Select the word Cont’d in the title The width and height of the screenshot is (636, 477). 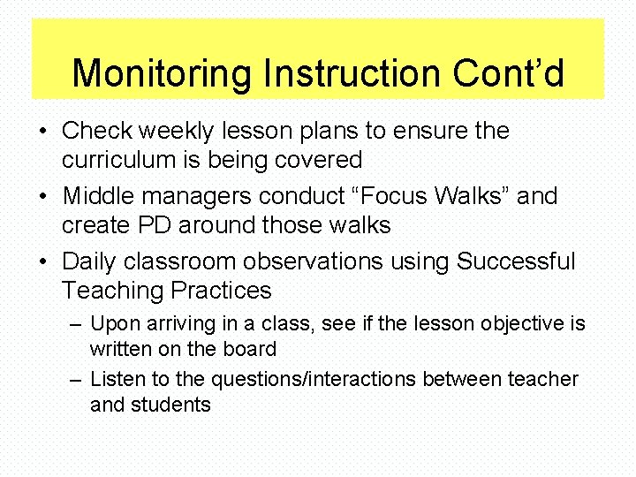tap(508, 73)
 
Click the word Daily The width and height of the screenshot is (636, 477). tap(89, 262)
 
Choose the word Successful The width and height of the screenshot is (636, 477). tap(516, 262)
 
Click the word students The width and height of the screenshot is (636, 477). tap(172, 405)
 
